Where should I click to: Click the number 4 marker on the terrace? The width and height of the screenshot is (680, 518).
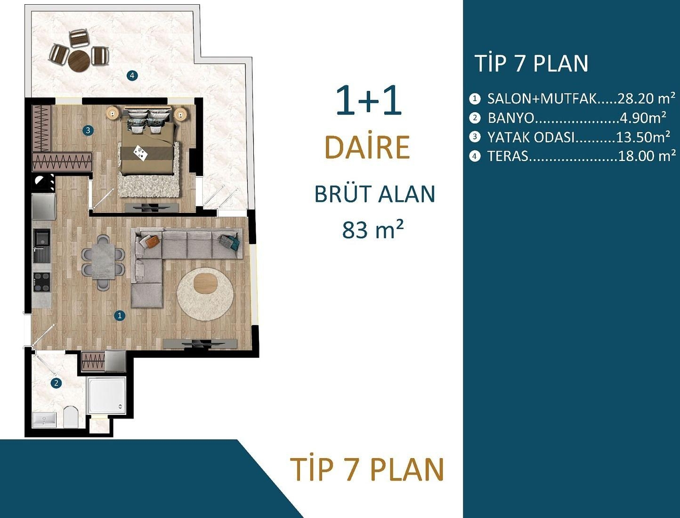132,75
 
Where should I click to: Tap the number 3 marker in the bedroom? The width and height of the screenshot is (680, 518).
88,130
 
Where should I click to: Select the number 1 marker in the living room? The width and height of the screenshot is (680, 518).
120,316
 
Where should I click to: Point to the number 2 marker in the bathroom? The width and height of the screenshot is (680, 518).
56,383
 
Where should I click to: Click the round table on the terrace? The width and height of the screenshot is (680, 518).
79,60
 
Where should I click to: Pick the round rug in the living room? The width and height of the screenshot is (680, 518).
205,294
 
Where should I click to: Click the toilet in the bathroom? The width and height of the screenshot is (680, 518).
71,416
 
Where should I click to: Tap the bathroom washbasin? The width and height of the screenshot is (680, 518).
44,420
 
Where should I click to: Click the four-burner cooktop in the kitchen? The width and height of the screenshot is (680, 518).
41,282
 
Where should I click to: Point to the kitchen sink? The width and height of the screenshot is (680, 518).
42,242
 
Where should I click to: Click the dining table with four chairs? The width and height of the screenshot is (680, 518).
103,262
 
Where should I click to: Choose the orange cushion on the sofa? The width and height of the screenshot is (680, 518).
153,241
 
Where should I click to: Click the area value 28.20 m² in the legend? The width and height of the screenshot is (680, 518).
646,98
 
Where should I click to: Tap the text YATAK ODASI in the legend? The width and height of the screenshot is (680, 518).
531,137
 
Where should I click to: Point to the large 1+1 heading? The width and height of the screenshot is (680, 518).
368,101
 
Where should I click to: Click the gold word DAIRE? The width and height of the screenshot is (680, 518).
367,147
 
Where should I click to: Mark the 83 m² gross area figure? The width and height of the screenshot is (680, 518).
372,230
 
